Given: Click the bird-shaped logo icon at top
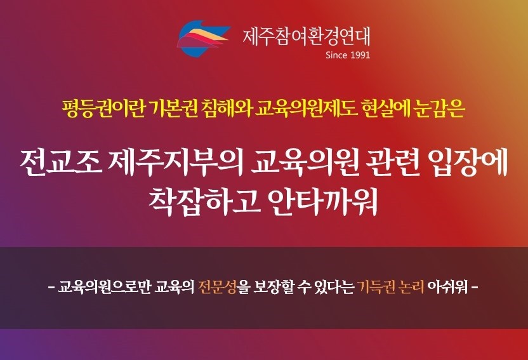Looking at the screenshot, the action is (x=203, y=37).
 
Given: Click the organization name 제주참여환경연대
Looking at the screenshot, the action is (x=307, y=36).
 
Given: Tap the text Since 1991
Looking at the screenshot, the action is (x=348, y=55).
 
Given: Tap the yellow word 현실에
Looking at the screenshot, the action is (x=386, y=109).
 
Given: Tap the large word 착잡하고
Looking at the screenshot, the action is (x=205, y=201).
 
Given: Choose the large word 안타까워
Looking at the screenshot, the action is (x=324, y=201).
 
